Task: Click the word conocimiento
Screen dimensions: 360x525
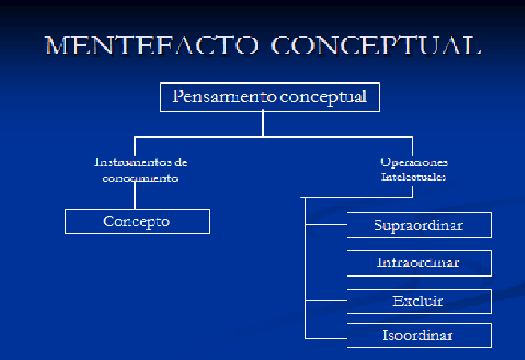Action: pos(140,178)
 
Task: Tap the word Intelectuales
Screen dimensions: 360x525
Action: pos(413,177)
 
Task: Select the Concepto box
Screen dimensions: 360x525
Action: pos(137,221)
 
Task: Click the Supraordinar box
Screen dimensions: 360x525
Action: pos(419,225)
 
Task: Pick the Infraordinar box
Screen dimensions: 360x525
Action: pos(419,262)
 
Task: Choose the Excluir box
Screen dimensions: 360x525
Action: pos(419,301)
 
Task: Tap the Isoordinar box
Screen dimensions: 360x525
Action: pos(419,335)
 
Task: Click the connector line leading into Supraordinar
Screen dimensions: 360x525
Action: pos(326,226)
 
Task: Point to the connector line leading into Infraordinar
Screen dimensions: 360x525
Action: pos(326,262)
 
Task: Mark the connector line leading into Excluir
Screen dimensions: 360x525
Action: pos(326,302)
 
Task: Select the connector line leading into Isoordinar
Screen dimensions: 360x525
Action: pos(326,335)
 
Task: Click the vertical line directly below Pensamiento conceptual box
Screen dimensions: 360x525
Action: pos(263,124)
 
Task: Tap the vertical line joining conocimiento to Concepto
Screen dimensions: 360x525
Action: pos(134,197)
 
